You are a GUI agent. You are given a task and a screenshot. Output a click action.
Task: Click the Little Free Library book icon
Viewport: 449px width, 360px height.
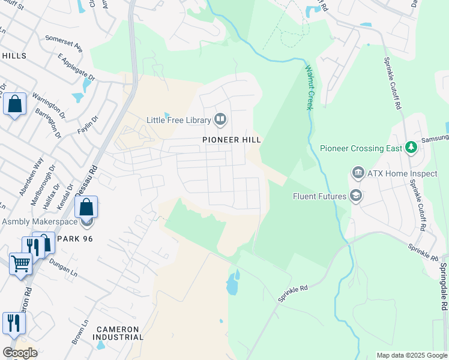[220, 120]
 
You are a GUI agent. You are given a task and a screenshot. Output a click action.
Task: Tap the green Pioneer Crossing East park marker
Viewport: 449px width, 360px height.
[411, 148]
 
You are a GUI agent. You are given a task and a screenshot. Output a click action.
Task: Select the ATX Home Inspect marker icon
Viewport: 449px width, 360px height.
[358, 173]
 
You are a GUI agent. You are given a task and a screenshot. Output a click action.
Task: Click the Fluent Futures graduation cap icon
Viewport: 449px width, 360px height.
[356, 196]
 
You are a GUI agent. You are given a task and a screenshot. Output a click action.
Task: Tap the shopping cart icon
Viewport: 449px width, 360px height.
[20, 263]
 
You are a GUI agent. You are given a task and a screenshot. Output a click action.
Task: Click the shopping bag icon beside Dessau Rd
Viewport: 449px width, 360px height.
[86, 208]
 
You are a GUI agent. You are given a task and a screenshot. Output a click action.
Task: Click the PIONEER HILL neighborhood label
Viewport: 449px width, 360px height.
[231, 139]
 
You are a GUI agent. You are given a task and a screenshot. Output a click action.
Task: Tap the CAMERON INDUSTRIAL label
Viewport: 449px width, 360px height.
[118, 333]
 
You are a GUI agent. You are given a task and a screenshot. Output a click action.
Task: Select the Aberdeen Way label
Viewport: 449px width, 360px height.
[31, 176]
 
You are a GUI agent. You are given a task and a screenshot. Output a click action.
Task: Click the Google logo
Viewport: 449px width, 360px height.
[20, 352]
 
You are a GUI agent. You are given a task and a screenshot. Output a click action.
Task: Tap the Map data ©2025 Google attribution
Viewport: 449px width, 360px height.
[411, 355]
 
